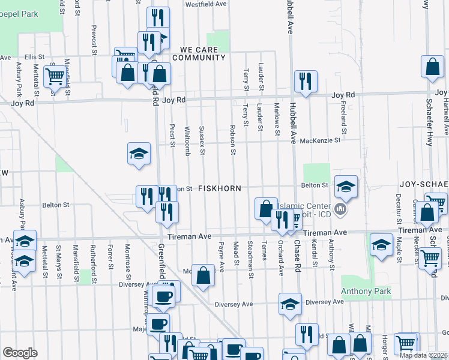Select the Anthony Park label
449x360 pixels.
pos(366,292)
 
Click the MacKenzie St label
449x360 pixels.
pos(320,140)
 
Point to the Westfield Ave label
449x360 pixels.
pos(205,4)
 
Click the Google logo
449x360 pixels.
pos(20,353)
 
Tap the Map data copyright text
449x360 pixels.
pos(424,355)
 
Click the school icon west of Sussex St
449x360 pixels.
pos(139,154)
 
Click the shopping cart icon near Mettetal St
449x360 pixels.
pos(55,76)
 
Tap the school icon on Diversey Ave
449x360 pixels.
pos(290,304)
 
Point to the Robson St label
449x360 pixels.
pos(232,139)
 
